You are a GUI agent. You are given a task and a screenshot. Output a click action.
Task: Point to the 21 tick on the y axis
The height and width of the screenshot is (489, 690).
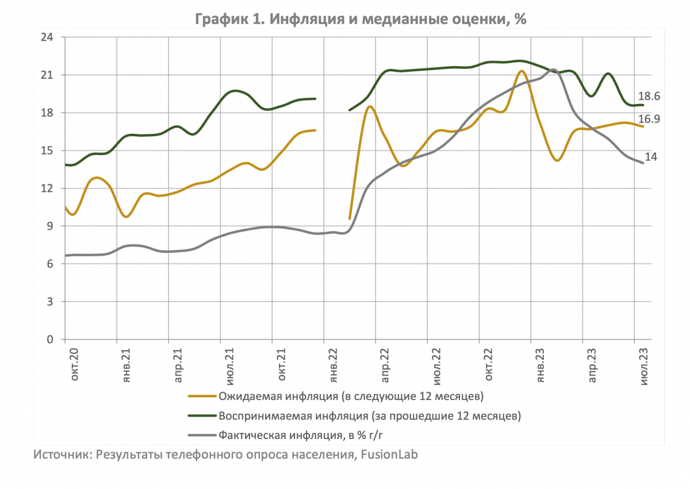47,75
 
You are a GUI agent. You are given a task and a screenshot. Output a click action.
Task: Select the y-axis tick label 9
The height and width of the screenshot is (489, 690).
49,226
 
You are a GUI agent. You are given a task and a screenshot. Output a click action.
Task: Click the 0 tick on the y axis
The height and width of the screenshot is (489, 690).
49,340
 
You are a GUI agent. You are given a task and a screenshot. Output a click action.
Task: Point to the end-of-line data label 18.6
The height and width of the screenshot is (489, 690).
649,97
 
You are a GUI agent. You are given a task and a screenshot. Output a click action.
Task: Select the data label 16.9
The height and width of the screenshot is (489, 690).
649,120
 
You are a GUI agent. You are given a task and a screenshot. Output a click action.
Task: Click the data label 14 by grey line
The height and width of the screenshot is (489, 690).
650,157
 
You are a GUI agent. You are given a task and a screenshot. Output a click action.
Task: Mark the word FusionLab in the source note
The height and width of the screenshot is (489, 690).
388,455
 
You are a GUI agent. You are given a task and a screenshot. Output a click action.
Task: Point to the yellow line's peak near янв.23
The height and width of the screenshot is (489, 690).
521,71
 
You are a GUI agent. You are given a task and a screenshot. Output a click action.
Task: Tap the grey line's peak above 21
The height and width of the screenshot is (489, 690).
552,70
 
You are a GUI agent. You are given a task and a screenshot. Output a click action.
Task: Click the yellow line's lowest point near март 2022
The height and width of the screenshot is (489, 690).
350,218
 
